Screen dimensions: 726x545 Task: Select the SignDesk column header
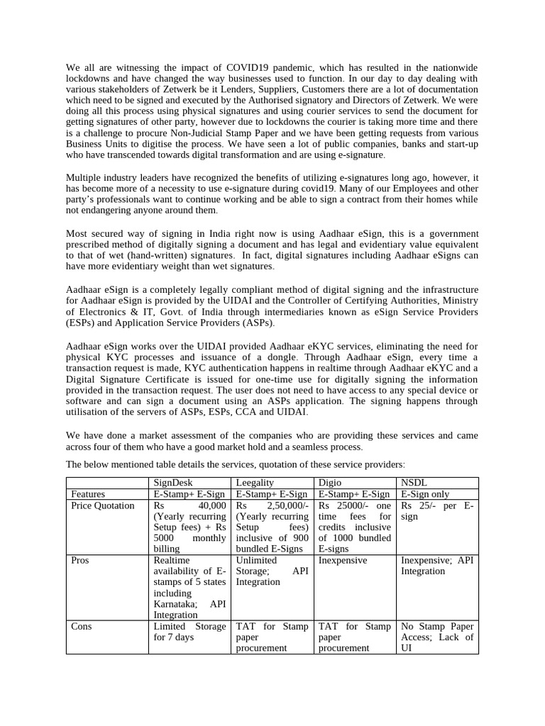pyautogui.click(x=173, y=483)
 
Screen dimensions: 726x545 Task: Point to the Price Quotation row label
pyautogui.click(x=103, y=506)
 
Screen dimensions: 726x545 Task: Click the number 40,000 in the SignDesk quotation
pyautogui.click(x=212, y=506)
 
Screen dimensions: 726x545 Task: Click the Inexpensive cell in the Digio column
pyautogui.click(x=343, y=560)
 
